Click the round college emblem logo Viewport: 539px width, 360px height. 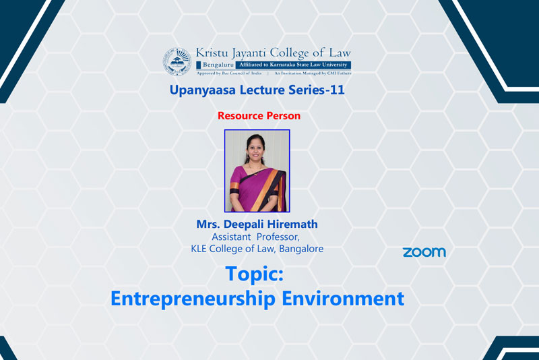point(177,61)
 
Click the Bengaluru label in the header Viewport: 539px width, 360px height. point(218,65)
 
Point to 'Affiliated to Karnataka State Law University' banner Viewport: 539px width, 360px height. point(293,65)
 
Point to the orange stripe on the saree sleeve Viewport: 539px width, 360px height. point(234,185)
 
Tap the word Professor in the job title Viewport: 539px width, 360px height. point(278,237)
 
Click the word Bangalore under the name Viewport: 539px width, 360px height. point(301,249)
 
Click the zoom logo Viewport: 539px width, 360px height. point(424,252)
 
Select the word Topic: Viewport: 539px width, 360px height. point(255,274)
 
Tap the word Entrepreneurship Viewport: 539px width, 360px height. point(193,299)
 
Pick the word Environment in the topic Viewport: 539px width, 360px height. point(343,299)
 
